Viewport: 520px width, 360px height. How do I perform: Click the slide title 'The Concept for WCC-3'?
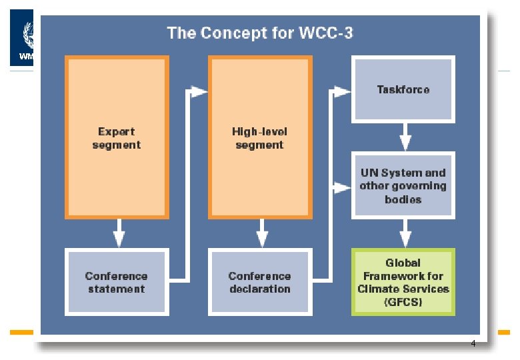click(259, 33)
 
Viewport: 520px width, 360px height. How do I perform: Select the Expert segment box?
click(117, 137)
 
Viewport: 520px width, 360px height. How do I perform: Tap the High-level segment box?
click(260, 137)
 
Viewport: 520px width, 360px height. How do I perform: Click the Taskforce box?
click(403, 89)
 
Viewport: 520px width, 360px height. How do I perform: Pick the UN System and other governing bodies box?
click(403, 185)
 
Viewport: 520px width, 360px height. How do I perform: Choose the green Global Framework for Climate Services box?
click(403, 282)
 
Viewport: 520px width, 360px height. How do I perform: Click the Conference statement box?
click(116, 282)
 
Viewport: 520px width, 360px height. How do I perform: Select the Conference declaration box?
click(260, 282)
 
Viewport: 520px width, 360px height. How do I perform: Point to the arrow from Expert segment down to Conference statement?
click(118, 233)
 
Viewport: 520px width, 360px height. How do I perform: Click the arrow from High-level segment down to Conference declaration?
click(262, 233)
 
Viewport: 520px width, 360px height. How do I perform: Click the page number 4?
click(473, 344)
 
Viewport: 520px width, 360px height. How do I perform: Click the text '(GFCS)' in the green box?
click(403, 302)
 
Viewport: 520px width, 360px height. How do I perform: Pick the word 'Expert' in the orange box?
click(117, 132)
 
